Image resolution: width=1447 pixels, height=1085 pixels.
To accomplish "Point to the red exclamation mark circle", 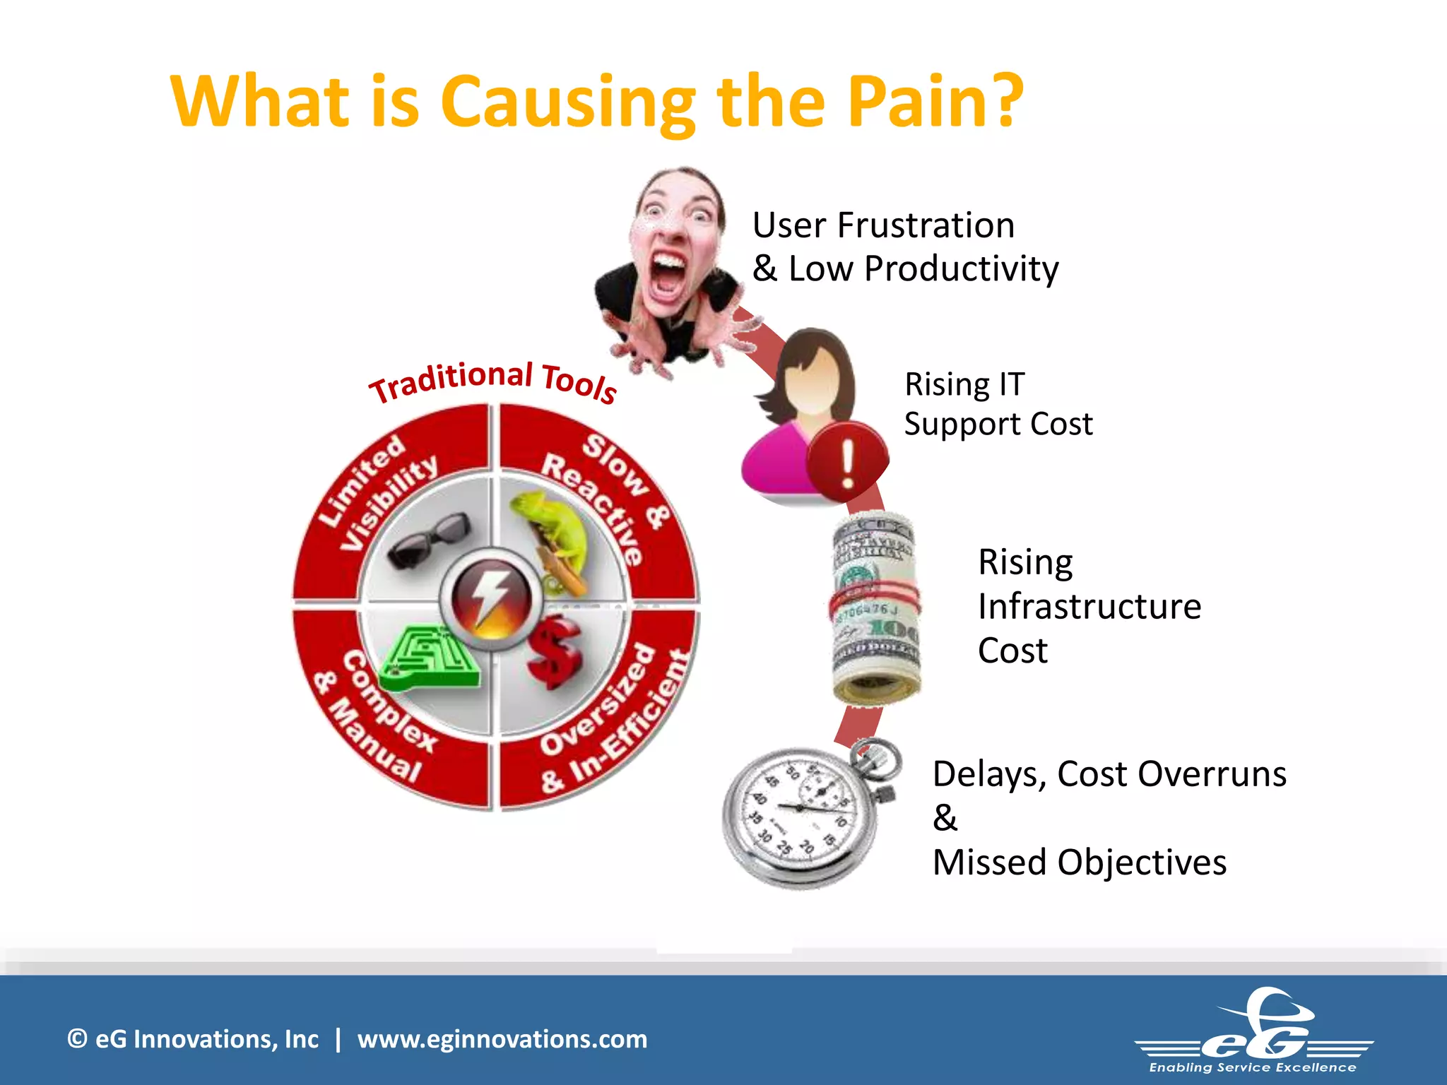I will (x=847, y=462).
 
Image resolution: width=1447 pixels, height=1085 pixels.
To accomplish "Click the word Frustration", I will (x=926, y=226).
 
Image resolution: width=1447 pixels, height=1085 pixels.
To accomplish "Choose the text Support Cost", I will (x=998, y=424).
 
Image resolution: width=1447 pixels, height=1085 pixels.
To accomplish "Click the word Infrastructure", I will (x=1089, y=606).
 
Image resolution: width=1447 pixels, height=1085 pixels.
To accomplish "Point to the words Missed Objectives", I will (x=1079, y=862).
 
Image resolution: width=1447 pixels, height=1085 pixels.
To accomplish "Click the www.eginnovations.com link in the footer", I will (x=502, y=1039).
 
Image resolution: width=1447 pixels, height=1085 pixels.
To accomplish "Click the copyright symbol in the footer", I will (x=77, y=1039).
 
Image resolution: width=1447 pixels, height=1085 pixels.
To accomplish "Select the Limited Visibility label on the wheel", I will (x=378, y=492).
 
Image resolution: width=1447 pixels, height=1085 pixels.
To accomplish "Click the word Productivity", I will (x=961, y=269).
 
